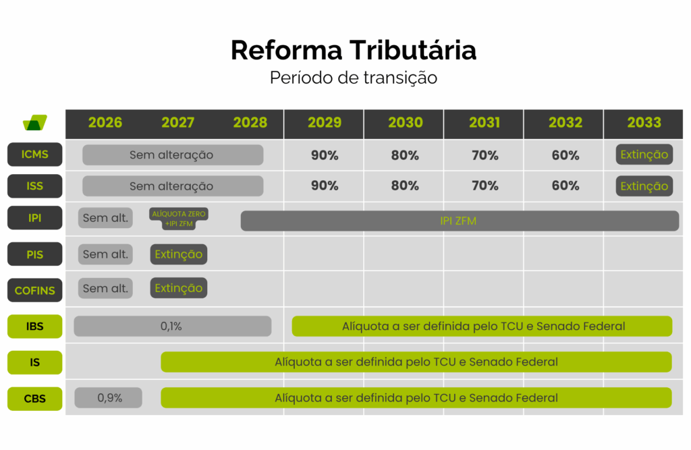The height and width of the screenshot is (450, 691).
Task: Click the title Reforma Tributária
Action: tap(354, 51)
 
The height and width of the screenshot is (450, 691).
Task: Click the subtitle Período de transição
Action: tap(354, 78)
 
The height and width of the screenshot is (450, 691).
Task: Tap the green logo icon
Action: tap(35, 123)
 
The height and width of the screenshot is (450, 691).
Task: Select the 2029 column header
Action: tap(325, 123)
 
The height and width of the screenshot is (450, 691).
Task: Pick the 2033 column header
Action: tap(644, 123)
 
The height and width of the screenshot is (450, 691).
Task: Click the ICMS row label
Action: tap(35, 154)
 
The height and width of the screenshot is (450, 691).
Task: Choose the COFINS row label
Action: tap(35, 291)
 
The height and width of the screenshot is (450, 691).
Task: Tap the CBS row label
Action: tap(35, 398)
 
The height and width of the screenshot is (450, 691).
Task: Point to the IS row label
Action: tap(35, 362)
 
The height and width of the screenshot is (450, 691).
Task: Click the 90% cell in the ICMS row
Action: tap(325, 155)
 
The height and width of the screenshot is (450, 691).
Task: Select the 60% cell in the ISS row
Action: tap(565, 186)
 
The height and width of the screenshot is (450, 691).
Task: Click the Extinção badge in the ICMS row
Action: tap(644, 154)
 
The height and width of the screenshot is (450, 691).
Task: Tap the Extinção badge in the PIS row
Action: tap(179, 254)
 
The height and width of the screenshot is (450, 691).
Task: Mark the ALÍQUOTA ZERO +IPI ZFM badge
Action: tap(179, 218)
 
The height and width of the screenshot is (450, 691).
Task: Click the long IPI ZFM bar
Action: tap(459, 221)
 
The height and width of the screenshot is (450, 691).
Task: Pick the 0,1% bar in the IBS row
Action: tap(172, 327)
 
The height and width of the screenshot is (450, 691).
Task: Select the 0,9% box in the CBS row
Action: tap(109, 398)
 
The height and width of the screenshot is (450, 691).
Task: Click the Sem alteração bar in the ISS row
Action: tap(172, 186)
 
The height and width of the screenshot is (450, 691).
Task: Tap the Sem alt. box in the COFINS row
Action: tap(105, 288)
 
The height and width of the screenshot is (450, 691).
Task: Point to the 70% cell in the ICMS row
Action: tap(485, 155)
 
